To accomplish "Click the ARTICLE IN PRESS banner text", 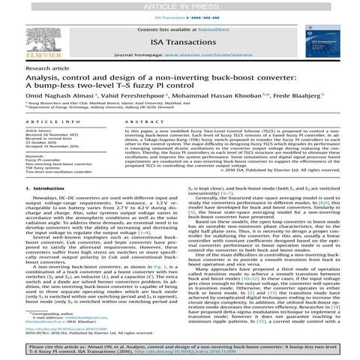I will [x=179, y=5].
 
